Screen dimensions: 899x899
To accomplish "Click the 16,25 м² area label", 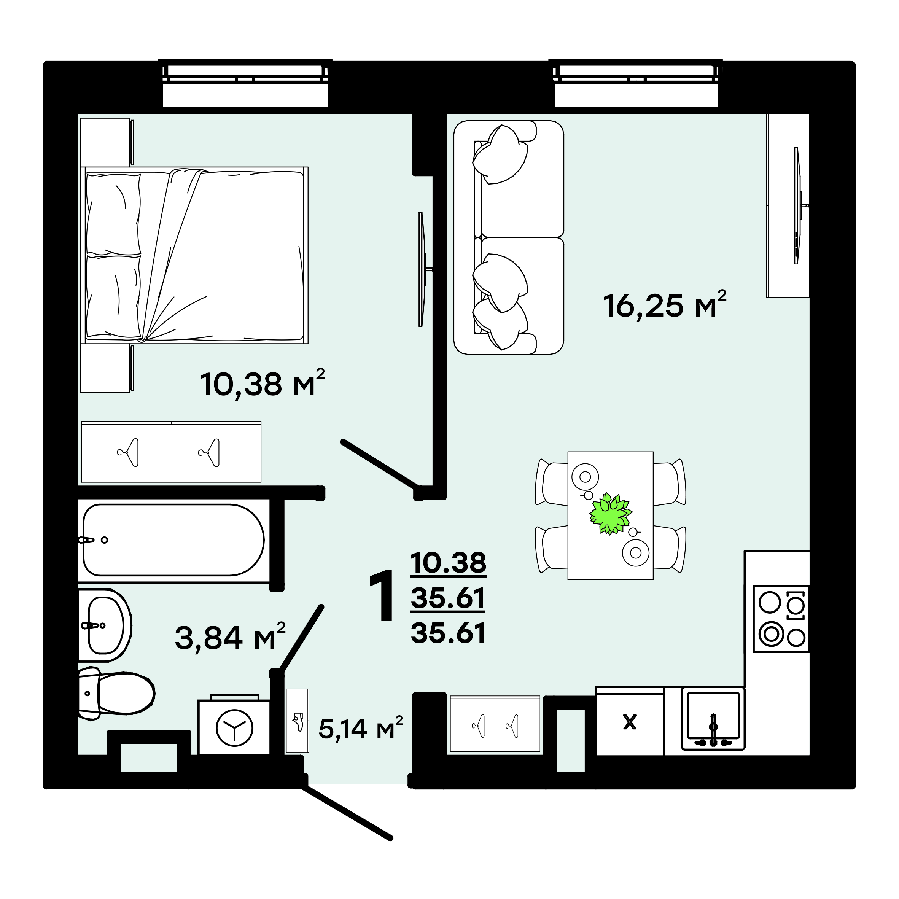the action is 665,305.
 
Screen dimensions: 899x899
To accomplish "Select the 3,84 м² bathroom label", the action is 230,636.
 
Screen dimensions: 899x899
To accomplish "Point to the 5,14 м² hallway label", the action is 360,728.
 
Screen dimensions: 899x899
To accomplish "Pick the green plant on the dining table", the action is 610,514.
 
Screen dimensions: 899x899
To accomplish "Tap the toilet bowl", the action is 116,693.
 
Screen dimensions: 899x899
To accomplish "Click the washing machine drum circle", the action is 234,728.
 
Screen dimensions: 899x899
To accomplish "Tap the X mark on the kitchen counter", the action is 630,722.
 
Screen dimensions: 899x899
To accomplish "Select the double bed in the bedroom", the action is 194,255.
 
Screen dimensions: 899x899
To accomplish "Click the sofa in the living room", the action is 509,237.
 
